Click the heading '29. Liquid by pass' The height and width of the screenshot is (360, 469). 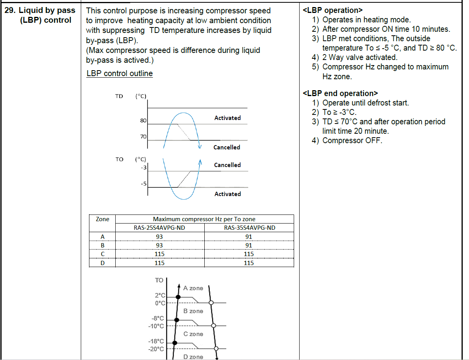(40, 11)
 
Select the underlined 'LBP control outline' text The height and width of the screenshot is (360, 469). (119, 73)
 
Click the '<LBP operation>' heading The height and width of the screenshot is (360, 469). (333, 10)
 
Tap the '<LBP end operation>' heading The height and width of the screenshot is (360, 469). (340, 93)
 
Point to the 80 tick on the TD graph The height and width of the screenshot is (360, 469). (143, 121)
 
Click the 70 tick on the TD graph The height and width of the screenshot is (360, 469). (143, 137)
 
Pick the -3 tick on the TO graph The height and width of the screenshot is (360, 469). (144, 168)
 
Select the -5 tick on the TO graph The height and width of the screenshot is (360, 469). (144, 183)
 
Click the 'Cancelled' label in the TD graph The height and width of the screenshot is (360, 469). (227, 147)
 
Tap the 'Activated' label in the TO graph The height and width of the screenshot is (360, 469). (227, 194)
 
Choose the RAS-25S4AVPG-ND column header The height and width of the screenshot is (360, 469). (160, 228)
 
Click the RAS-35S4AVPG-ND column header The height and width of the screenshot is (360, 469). (249, 228)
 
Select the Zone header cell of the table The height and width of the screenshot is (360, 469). (102, 219)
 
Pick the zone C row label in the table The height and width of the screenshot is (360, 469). (102, 254)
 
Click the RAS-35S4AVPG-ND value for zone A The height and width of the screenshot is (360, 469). (249, 236)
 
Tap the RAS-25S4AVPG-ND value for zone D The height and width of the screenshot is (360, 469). (160, 263)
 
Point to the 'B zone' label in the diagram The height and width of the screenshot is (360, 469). (193, 311)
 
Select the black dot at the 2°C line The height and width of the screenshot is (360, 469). (178, 297)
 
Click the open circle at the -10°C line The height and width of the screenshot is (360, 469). (214, 325)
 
